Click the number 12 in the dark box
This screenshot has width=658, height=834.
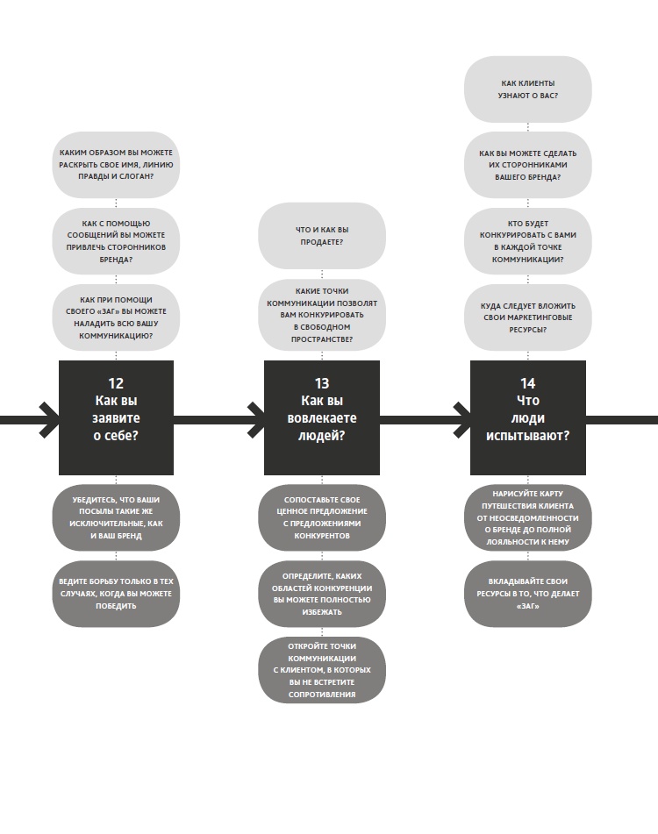116,383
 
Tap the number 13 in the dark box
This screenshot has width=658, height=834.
322,383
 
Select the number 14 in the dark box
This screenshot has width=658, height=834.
527,383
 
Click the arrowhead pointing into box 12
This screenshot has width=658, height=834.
48,419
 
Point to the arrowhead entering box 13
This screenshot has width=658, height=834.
255,419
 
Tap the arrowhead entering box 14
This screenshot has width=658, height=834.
461,419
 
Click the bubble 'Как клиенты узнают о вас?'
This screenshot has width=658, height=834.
527,89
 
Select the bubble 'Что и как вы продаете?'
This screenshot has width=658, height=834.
321,236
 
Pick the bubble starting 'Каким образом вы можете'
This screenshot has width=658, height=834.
116,165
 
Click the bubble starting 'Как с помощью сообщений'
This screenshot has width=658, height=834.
116,241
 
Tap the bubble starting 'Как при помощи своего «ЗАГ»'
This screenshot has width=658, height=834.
116,317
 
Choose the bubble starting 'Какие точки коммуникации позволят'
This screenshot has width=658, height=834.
321,315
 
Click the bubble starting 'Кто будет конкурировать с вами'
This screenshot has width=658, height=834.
527,241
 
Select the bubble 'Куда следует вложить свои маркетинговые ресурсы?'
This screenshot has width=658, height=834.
527,317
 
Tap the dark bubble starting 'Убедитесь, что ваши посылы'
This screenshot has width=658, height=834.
116,517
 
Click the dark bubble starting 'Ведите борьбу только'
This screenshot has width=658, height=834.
116,594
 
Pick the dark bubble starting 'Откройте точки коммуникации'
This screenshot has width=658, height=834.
321,670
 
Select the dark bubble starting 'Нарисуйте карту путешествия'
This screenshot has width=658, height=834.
527,517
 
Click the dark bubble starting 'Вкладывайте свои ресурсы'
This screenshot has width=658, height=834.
527,594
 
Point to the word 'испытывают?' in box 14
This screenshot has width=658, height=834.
527,436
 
